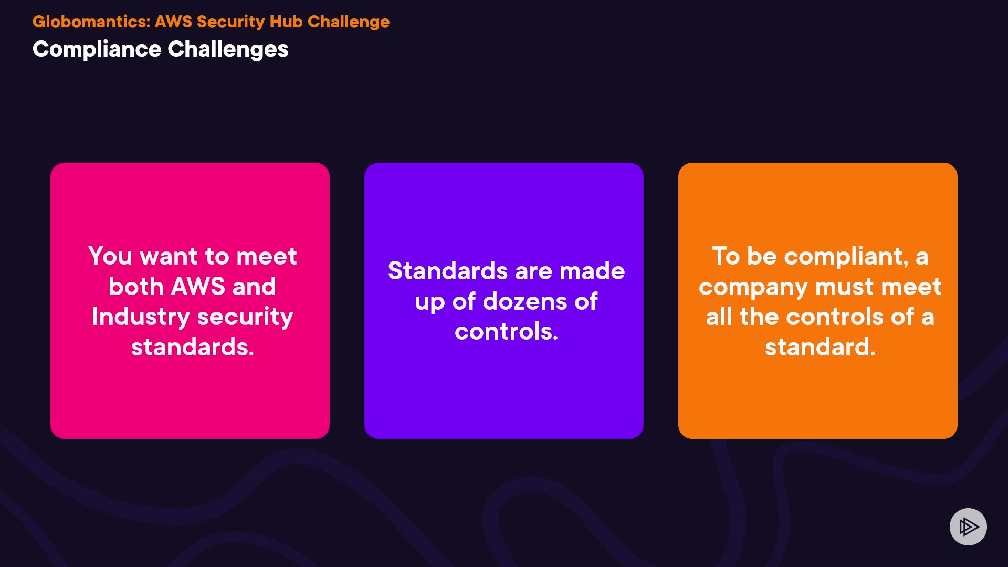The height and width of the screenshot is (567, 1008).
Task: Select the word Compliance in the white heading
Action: [x=97, y=49]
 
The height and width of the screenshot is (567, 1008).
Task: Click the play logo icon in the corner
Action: [x=968, y=527]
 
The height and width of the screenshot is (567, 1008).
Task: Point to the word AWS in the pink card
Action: [x=198, y=287]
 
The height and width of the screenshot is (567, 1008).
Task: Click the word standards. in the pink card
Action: [x=193, y=347]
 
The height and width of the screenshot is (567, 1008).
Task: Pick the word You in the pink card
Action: [x=110, y=256]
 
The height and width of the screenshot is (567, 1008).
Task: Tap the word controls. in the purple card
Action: [x=507, y=332]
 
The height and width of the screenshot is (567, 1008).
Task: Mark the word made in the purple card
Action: [x=592, y=271]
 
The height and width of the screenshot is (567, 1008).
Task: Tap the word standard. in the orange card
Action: [x=821, y=347]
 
